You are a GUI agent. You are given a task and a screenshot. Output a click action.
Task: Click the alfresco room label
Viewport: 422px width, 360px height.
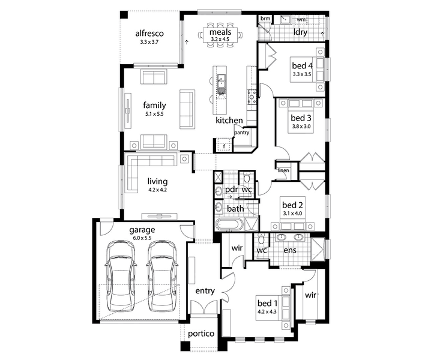[x=149, y=34]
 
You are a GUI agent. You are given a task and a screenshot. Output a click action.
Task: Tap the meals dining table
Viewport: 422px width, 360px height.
[x=220, y=35]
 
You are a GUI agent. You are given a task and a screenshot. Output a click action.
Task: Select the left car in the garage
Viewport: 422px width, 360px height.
[x=120, y=277]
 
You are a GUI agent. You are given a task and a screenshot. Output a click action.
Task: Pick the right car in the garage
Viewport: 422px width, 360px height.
[x=161, y=277]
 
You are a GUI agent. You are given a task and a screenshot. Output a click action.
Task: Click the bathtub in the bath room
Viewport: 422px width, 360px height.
[x=229, y=225]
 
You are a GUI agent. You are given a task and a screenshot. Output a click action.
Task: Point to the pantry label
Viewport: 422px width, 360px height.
[x=241, y=133]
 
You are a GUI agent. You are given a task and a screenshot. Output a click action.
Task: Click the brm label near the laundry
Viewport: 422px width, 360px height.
[x=265, y=19]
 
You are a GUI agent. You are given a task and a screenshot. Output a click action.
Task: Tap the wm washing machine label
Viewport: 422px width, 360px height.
[x=301, y=19]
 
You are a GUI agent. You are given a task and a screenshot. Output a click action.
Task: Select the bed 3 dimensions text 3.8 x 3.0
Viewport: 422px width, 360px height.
[x=301, y=126]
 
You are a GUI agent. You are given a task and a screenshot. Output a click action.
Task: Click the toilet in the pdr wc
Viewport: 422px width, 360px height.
[x=247, y=177]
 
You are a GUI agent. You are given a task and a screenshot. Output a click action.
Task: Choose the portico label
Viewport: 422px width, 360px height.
[x=201, y=334]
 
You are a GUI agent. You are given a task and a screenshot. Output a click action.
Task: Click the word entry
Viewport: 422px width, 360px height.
[x=205, y=291]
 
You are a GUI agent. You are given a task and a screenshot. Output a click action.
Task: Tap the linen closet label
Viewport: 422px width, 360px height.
[x=283, y=170]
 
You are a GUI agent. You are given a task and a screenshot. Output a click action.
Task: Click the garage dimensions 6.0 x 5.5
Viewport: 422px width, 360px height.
[x=142, y=238]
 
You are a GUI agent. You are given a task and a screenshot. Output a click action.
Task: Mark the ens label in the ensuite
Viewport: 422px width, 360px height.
[x=290, y=250]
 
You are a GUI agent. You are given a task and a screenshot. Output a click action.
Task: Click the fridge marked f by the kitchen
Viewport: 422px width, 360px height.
[x=224, y=145]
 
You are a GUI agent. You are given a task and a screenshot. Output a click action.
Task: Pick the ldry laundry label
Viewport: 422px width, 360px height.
[x=300, y=32]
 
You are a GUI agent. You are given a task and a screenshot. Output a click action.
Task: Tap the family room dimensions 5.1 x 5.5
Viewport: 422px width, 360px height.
[x=154, y=114]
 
